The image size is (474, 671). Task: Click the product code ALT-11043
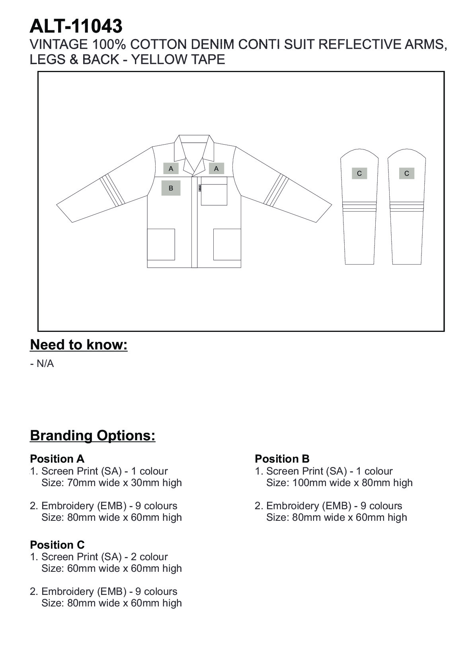76,26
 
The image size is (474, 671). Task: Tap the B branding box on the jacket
171,188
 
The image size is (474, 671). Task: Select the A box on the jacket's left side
171,169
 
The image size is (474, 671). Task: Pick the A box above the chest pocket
216,169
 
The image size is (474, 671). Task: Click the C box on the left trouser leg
359,173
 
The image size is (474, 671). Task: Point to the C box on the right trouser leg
406,173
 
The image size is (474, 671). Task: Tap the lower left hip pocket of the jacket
161,244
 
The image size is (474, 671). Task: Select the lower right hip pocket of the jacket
227,244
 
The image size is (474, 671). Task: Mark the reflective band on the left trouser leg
359,206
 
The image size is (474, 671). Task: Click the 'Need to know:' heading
79,345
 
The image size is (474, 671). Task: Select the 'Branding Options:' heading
93,435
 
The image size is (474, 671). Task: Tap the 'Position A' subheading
57,459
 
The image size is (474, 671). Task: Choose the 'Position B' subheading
282,459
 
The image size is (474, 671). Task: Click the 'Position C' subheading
57,545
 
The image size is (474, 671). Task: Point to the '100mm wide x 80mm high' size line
339,483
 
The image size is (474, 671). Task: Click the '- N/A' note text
42,364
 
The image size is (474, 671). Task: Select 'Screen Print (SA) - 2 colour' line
104,557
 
